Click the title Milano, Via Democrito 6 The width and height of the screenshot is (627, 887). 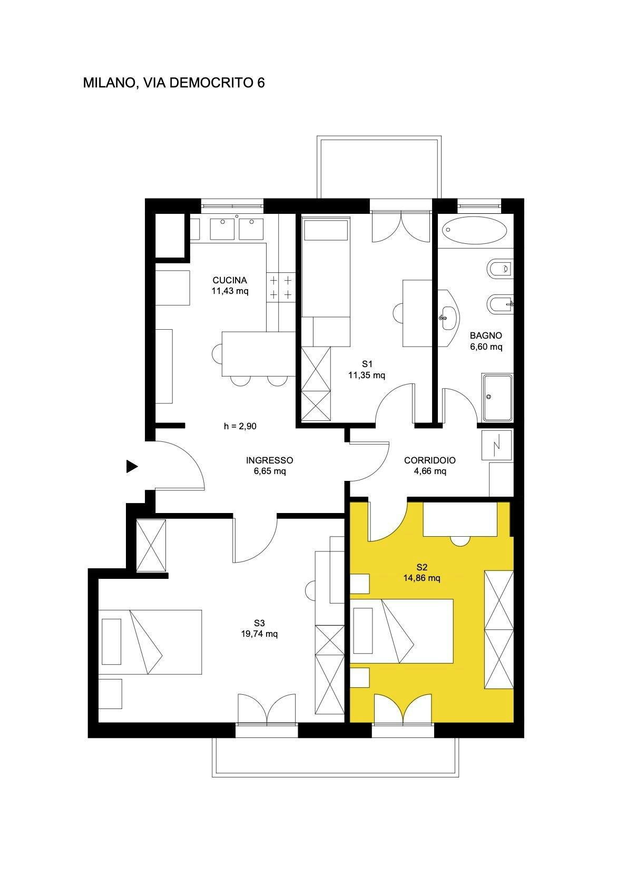click(x=173, y=83)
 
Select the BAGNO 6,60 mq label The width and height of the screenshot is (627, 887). click(x=486, y=341)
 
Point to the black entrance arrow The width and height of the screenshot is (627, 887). click(x=132, y=466)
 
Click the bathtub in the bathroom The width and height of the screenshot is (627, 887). click(x=474, y=231)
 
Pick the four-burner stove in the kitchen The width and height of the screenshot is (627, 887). click(x=281, y=287)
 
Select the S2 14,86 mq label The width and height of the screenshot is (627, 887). click(x=421, y=573)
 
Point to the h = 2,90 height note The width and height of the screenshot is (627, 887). click(x=240, y=426)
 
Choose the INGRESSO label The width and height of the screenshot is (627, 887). click(x=269, y=465)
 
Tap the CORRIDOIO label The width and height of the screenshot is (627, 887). click(x=430, y=465)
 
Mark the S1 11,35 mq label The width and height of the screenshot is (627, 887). click(x=367, y=369)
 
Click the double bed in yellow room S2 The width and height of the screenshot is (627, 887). click(x=402, y=631)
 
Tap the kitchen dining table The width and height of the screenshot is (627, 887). click(x=258, y=353)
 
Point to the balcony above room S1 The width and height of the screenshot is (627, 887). click(x=379, y=167)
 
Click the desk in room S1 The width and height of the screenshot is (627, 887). click(x=417, y=313)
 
